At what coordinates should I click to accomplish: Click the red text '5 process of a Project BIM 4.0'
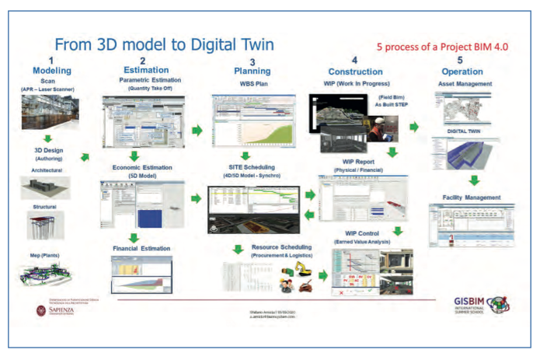click(x=442, y=47)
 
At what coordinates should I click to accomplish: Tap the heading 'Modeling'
click(x=51, y=70)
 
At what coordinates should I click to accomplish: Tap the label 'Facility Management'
click(x=467, y=197)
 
